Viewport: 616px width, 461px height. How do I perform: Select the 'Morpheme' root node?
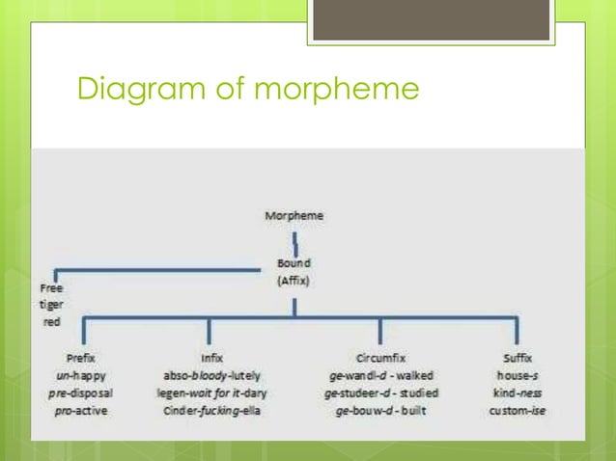pos(294,216)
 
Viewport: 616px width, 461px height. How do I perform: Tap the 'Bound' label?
pos(294,262)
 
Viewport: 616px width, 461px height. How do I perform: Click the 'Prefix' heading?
pos(81,357)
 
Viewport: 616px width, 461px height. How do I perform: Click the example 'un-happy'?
pos(81,374)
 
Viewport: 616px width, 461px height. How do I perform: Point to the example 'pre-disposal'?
pos(81,393)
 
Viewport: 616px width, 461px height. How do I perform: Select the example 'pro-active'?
pos(81,411)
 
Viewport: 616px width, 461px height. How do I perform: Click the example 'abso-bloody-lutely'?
pos(210,374)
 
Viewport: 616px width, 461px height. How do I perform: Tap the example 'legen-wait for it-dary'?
pos(210,393)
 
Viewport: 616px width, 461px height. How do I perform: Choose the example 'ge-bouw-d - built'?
pos(380,411)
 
